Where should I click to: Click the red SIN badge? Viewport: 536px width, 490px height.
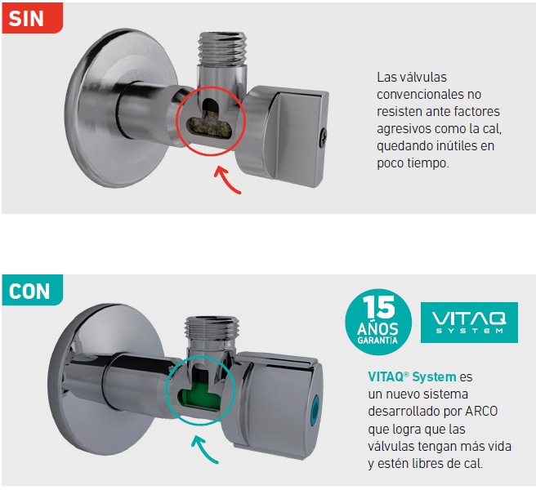[x=33, y=18]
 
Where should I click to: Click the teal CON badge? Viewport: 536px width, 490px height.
[x=33, y=290]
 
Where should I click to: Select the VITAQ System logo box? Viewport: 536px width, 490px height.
[x=469, y=323]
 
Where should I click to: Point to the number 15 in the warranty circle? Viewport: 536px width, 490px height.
[x=379, y=307]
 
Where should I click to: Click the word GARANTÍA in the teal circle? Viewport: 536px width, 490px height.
[x=377, y=341]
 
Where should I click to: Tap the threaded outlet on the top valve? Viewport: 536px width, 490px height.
[x=222, y=48]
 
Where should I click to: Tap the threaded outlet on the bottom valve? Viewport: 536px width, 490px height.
[x=212, y=329]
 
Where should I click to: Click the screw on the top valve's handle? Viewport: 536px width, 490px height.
[x=323, y=137]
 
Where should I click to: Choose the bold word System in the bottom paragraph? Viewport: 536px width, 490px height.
[x=434, y=377]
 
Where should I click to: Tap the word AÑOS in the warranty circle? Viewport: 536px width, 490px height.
[x=377, y=328]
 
